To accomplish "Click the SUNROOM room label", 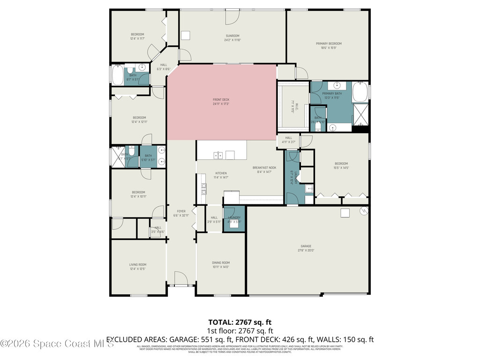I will tap(232, 36).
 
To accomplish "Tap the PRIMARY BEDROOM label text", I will tap(328, 44).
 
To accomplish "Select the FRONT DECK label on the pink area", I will tap(221, 99).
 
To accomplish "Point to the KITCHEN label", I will tap(221, 173).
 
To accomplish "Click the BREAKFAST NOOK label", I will tap(264, 168).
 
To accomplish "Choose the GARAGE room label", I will tap(306, 246).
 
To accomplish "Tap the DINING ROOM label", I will tap(220, 262).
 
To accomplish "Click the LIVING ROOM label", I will tap(138, 265).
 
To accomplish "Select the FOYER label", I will tap(181, 211).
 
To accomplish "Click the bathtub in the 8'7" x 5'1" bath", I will tap(117, 75).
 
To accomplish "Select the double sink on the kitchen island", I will tap(218, 155).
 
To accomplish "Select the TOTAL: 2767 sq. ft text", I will tap(240, 322).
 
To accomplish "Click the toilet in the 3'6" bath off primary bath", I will tap(318, 125).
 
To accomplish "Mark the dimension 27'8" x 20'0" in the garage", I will tap(306, 251).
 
